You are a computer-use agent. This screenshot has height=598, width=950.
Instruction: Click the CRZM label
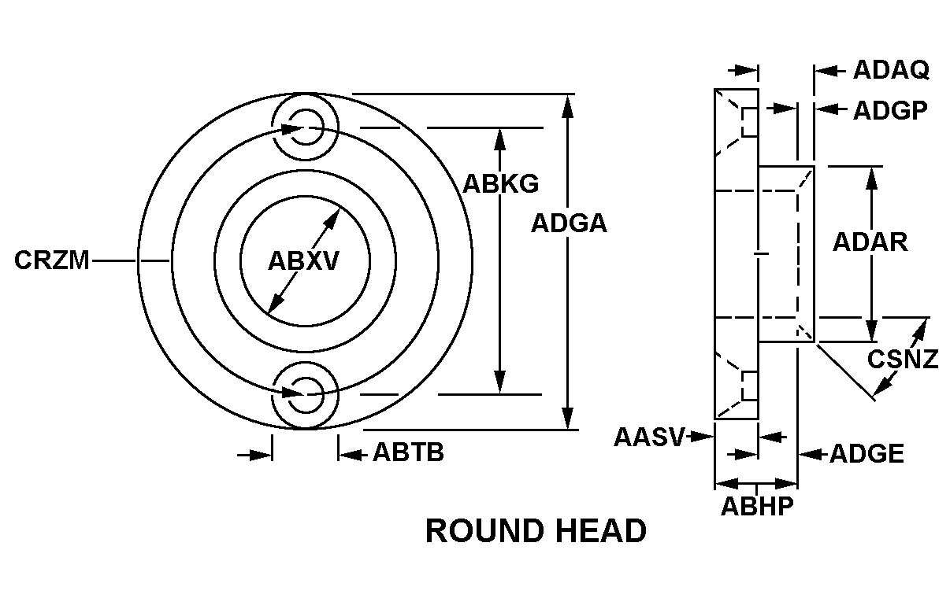pos(52,260)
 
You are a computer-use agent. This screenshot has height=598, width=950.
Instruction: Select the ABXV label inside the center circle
pos(303,261)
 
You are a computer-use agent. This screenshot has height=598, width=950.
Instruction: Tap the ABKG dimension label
pos(500,184)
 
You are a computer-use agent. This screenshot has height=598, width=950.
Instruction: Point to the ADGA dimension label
pos(570,223)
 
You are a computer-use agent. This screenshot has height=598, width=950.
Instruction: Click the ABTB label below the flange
pos(408,452)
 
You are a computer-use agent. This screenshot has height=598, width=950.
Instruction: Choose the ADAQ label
pos(891,70)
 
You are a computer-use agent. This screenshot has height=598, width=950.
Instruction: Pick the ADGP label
pos(890,110)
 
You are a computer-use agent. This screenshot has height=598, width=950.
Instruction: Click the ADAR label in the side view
pos(870,242)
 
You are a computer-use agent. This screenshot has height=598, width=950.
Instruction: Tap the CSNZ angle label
pos(903,360)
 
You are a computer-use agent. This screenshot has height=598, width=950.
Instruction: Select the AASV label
pos(649,437)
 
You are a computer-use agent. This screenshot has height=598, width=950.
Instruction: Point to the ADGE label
pos(867,454)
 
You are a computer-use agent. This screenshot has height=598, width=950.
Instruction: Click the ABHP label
pos(757,506)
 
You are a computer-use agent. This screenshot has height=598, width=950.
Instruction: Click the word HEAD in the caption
pos(601,531)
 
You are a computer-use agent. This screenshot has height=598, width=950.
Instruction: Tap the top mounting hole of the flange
pos(305,127)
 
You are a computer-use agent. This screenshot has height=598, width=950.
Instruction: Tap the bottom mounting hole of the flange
pos(305,395)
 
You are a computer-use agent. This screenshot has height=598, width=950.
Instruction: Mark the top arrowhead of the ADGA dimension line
pos(567,106)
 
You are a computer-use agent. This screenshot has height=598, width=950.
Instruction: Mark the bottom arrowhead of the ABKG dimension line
pos(500,382)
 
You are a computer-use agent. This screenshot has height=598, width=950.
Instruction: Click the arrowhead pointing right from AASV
pos(702,436)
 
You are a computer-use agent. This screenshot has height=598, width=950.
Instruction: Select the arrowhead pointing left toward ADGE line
pos(810,455)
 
